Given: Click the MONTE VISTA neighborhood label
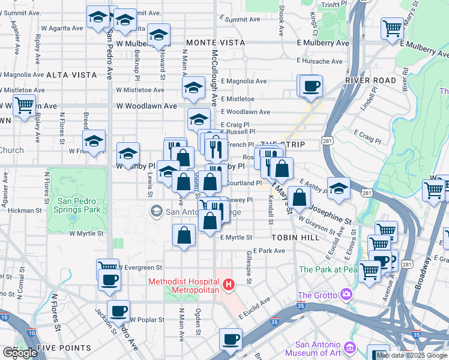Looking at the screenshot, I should [215, 43].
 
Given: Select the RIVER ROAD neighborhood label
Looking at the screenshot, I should [370, 80].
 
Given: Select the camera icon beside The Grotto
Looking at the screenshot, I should [346, 295].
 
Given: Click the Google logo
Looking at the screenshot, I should [20, 353].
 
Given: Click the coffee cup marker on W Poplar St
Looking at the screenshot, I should [119, 311].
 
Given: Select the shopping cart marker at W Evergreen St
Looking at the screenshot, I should [108, 267].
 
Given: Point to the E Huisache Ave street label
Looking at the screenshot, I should [324, 60].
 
